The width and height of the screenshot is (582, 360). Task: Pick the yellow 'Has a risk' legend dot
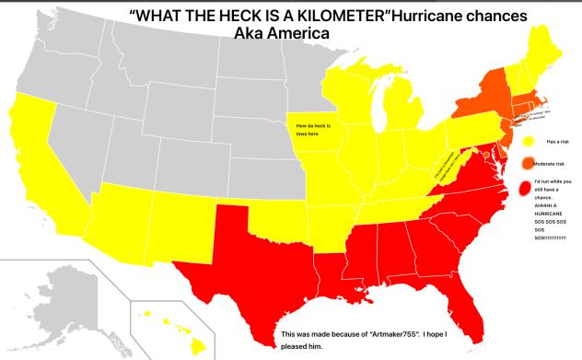click(x=528, y=143)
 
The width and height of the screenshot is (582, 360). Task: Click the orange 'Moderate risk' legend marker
click(x=527, y=164)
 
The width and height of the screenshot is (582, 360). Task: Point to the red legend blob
click(x=527, y=190)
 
